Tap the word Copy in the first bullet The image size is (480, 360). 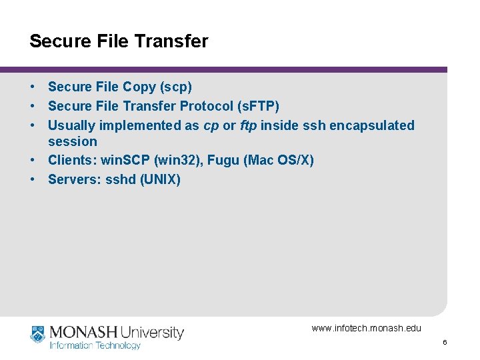[x=138, y=87]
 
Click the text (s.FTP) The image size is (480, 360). [x=259, y=106]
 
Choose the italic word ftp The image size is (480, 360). [x=248, y=125]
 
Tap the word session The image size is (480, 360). [x=73, y=141]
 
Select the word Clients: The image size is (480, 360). [x=72, y=161]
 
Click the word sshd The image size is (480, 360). [x=121, y=180]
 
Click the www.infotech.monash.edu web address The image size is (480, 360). [x=366, y=328]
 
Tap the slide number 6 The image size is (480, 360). [x=445, y=342]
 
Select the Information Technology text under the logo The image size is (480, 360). [x=95, y=345]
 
